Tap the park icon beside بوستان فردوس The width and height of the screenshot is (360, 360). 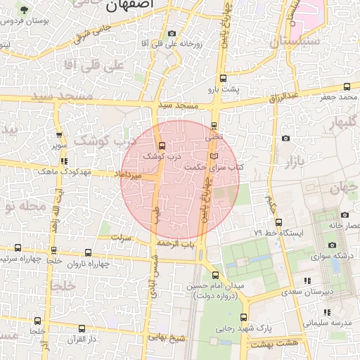tap(25, 10)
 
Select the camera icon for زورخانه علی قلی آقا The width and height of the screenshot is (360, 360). tap(172, 34)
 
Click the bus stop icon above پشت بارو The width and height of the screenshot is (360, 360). tap(223, 78)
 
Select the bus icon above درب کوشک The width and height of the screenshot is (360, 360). tap(163, 146)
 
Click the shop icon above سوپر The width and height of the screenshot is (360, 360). tap(59, 136)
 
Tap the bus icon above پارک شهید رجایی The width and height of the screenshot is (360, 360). tap(243, 317)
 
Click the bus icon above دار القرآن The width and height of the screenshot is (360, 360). tap(83, 328)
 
